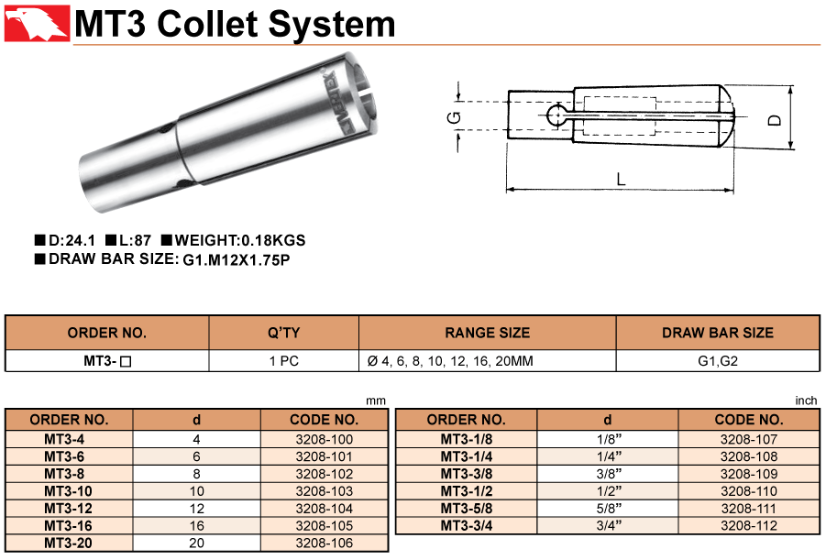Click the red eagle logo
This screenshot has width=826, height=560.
click(x=37, y=23)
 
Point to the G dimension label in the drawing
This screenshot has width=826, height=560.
click(x=454, y=117)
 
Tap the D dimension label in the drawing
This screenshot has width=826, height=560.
click(x=775, y=121)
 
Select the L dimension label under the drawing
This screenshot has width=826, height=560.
click(x=621, y=179)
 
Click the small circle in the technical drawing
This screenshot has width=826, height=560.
click(x=556, y=115)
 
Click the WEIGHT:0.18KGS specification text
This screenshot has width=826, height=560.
click(x=234, y=241)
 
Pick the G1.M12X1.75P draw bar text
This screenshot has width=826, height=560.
click(x=237, y=260)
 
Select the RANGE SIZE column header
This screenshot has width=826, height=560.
click(x=488, y=333)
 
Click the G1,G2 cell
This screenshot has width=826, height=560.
click(x=718, y=361)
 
